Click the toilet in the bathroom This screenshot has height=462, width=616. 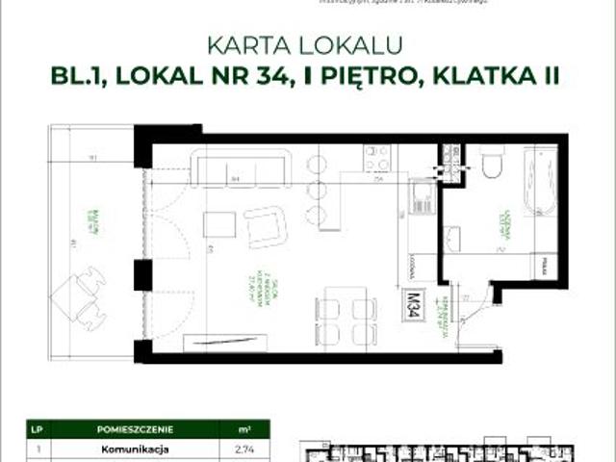point(490,163)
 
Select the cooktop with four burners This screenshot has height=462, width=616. point(375,156)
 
